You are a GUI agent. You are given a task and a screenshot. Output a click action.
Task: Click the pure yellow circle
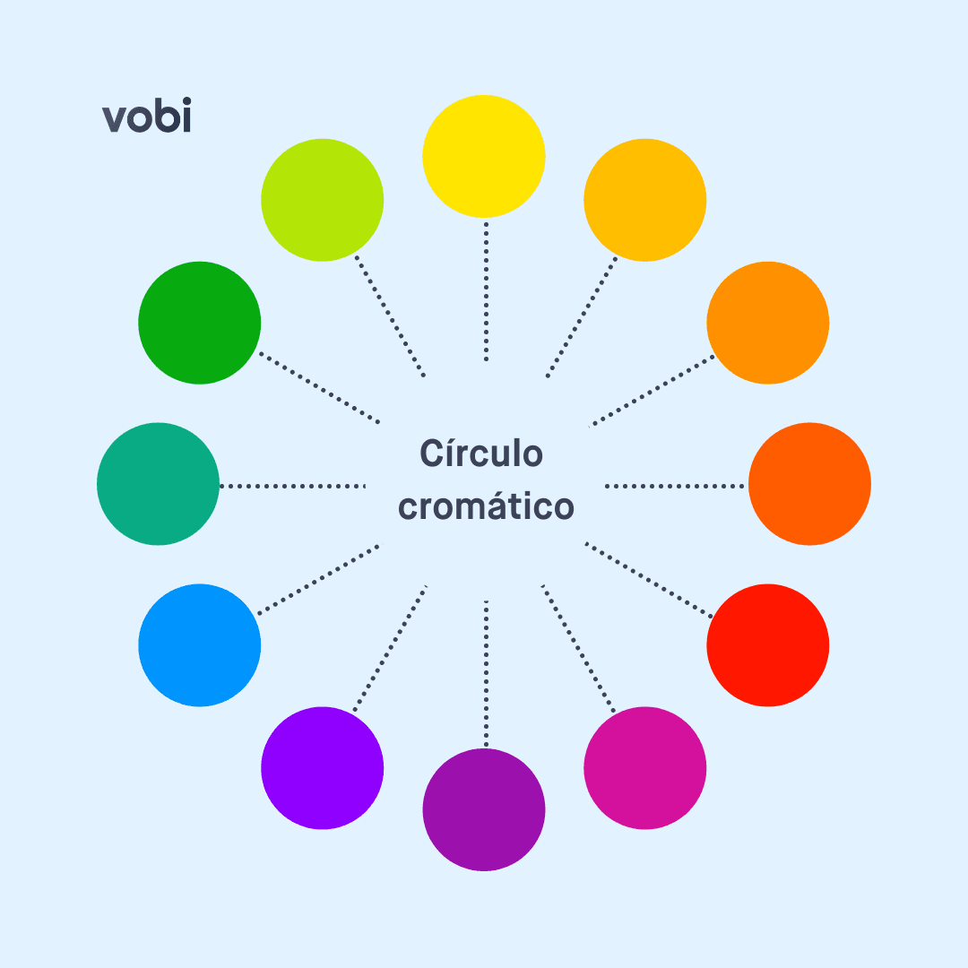(484, 156)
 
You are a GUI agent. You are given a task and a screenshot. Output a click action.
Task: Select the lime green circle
(323, 200)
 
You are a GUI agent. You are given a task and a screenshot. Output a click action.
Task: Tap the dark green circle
(200, 323)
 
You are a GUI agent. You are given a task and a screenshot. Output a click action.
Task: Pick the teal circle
(158, 484)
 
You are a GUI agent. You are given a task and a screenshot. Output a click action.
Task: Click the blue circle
(200, 645)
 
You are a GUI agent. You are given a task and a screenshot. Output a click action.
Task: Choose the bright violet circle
(323, 768)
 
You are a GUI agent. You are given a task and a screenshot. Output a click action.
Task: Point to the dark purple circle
(484, 809)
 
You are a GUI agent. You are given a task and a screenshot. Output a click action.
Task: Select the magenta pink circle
(645, 768)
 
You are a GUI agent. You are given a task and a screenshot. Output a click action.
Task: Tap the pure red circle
(768, 645)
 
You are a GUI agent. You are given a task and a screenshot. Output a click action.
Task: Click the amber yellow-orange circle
(645, 200)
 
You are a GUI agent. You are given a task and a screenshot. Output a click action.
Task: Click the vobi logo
(147, 118)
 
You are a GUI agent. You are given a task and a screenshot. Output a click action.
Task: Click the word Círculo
(481, 454)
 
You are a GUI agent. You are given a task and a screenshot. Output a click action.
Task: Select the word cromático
(486, 507)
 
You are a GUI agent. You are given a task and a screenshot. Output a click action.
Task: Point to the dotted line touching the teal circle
(292, 486)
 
